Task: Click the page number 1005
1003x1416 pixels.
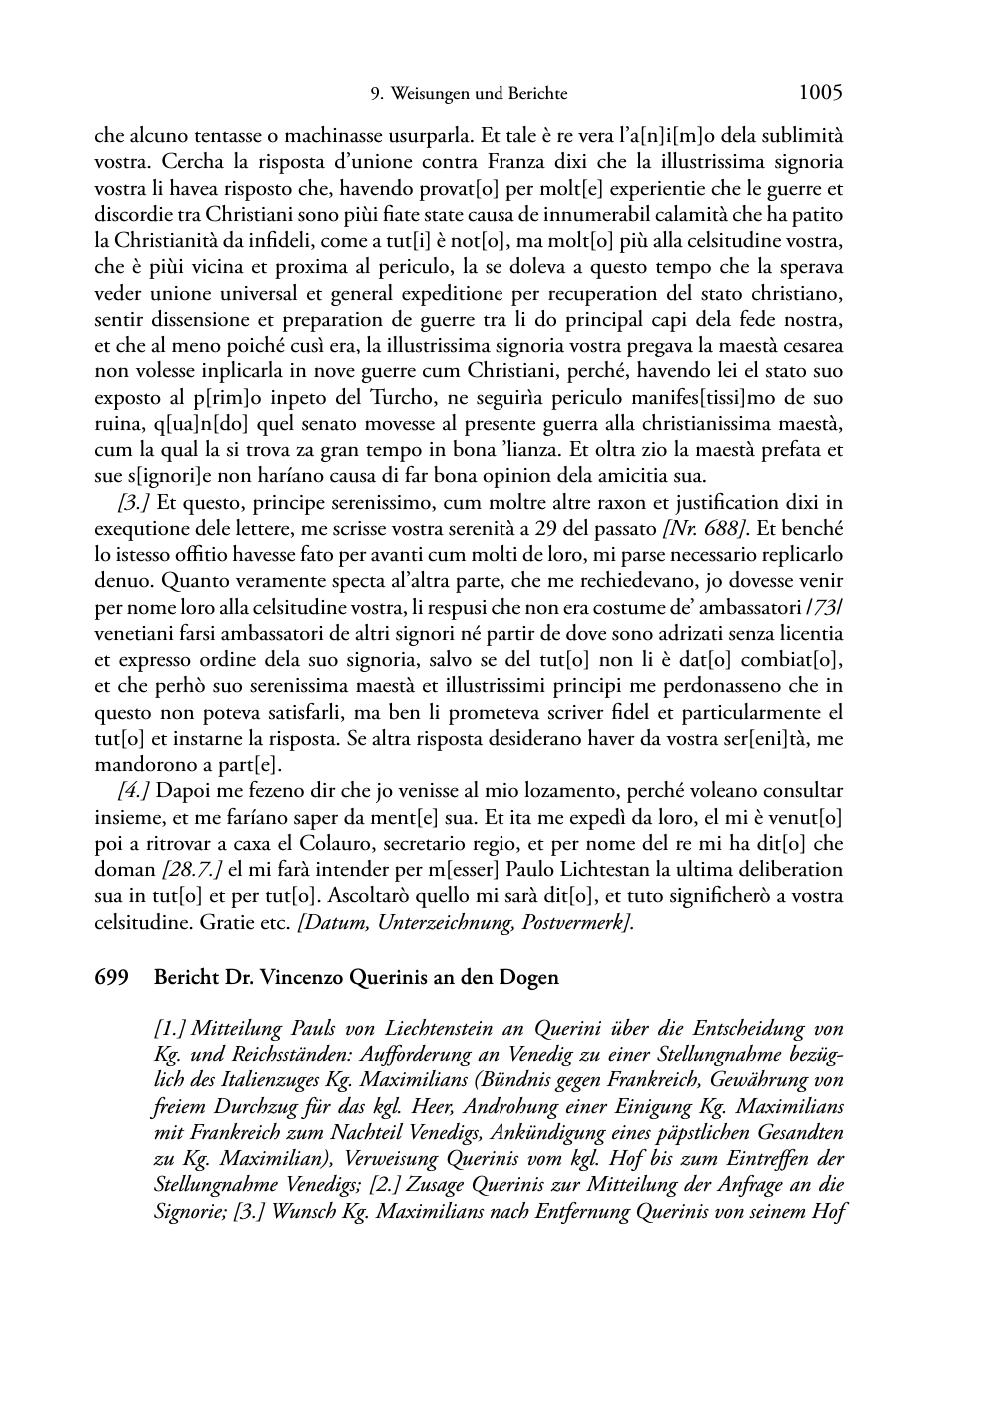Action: click(821, 93)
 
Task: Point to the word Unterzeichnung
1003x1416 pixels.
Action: click(447, 923)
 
